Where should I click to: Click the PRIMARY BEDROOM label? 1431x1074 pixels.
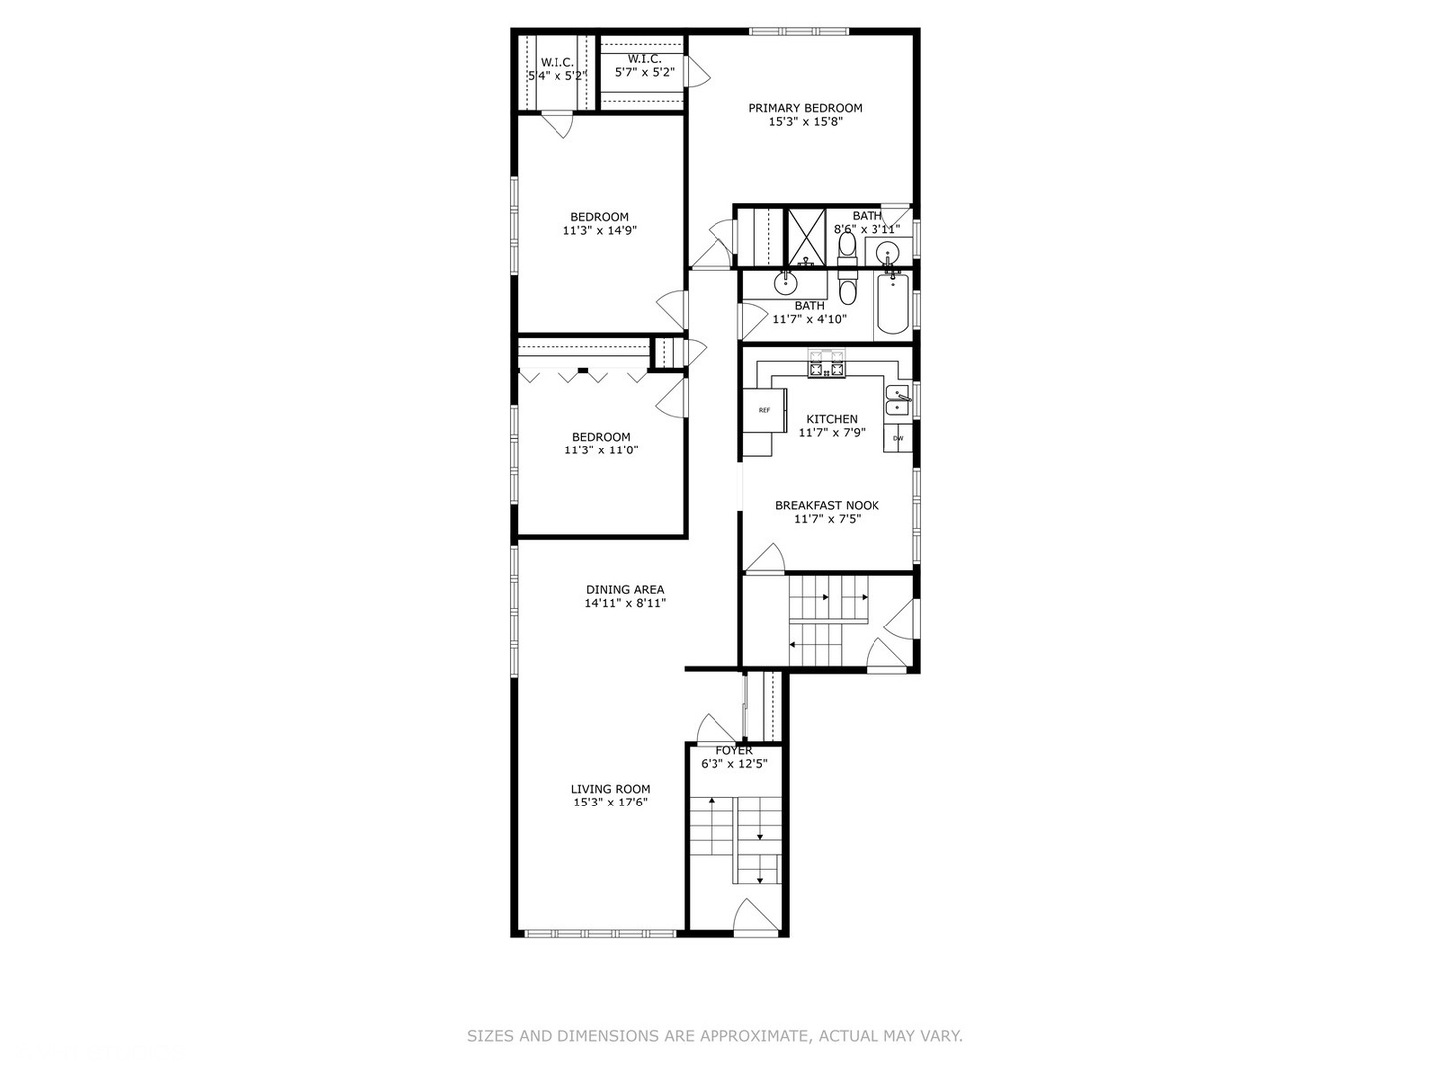[x=805, y=108]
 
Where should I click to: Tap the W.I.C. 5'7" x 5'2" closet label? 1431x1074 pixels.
[x=644, y=60]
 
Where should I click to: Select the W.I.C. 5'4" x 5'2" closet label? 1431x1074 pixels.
[x=557, y=62]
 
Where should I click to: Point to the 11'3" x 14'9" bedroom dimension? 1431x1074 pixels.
[x=599, y=230]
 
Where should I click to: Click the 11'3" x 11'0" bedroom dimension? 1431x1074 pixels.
[x=601, y=449]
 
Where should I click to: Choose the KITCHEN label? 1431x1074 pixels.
[x=831, y=419]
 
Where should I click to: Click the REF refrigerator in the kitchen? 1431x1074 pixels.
[x=764, y=410]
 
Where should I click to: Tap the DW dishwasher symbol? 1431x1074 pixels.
[x=898, y=438]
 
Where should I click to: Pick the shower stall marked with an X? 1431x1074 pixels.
[x=807, y=237]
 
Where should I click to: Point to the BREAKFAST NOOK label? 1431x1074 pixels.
[x=827, y=505]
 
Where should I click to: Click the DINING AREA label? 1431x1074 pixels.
[x=624, y=590]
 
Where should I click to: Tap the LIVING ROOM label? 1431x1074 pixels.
[x=610, y=789]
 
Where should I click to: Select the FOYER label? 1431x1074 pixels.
[x=733, y=750]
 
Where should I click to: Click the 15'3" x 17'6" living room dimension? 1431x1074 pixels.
[x=610, y=803]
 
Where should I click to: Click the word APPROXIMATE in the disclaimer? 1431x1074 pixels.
[x=755, y=1036]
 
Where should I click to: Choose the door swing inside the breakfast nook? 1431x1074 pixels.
[x=765, y=560]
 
